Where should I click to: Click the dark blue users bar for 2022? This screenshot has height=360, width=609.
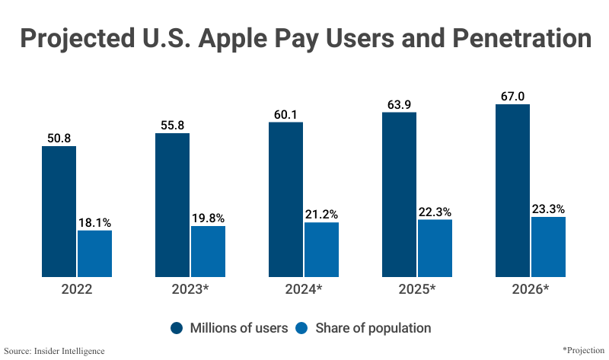[x=59, y=211]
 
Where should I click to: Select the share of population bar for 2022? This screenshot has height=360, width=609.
[x=94, y=253]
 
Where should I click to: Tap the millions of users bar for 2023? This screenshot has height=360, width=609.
[x=172, y=205]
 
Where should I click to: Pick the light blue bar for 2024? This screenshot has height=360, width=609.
[x=321, y=249]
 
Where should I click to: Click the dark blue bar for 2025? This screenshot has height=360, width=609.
[x=399, y=194]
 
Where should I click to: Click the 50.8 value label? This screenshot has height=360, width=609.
[x=59, y=138]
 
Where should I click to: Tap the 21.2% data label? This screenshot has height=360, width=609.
[x=321, y=214]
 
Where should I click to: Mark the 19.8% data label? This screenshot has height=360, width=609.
[x=208, y=218]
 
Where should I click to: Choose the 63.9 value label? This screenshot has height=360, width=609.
[x=399, y=104]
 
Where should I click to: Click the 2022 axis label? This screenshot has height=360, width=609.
[x=76, y=290]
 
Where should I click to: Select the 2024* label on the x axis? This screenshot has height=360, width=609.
[x=303, y=290]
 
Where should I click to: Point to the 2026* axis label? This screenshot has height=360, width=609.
[x=530, y=290]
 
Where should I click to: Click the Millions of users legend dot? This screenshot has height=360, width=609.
[x=177, y=328]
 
